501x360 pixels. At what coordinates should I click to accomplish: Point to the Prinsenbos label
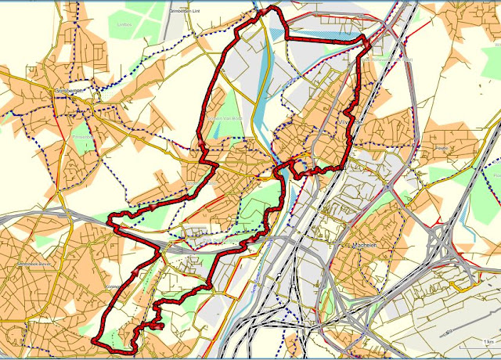click(x=82, y=136)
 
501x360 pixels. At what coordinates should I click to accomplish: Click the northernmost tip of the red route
click(x=272, y=8)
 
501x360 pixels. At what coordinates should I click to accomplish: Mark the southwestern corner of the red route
click(x=95, y=342)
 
